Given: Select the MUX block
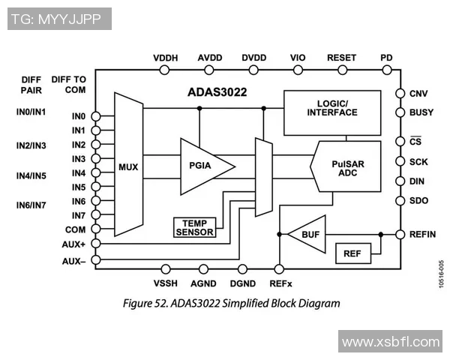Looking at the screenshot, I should (x=128, y=166).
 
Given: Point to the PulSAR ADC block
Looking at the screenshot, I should (x=346, y=166).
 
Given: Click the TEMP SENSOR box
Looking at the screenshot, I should (x=194, y=227).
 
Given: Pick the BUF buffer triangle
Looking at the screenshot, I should (x=308, y=234).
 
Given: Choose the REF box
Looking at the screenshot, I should (x=352, y=253).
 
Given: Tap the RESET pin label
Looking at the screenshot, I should (x=342, y=58).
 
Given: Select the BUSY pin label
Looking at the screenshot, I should (x=421, y=112).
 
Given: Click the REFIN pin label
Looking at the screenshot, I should (x=422, y=235).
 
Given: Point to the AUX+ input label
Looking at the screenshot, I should (x=74, y=244).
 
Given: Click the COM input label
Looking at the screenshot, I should (x=76, y=230).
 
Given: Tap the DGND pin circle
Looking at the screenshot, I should (x=242, y=268).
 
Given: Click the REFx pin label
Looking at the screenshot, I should (x=280, y=283).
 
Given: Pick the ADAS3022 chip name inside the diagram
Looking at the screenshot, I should (x=217, y=93).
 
